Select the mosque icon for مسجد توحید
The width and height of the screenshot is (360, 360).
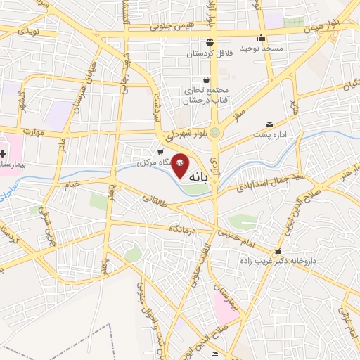[x=262, y=38]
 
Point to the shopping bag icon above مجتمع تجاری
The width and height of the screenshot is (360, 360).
[x=205, y=79]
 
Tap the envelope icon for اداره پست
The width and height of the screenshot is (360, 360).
[x=269, y=124]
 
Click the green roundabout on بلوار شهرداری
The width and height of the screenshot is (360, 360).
[x=215, y=132]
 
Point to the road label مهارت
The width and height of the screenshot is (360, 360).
[x=32, y=131]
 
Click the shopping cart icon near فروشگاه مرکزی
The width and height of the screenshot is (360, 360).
[x=160, y=151]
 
